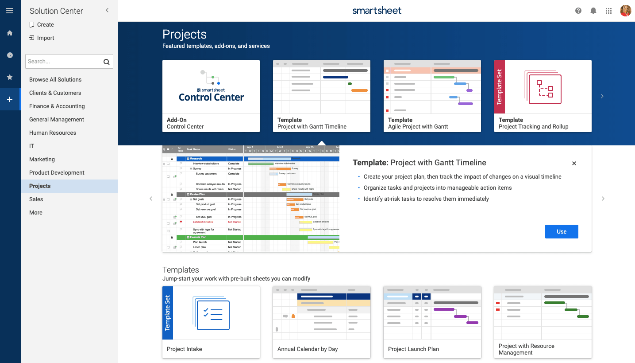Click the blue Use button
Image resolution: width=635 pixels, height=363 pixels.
[562, 231]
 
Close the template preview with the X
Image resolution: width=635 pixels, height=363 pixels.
[574, 164]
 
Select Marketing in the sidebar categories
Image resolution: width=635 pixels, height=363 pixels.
[42, 159]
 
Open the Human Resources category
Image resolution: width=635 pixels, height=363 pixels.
[53, 133]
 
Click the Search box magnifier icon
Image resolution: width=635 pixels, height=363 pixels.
[106, 62]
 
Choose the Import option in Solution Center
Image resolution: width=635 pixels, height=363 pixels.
[45, 38]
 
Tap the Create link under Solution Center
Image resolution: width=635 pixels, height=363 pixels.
[45, 25]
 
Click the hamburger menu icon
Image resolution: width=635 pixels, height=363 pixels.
[10, 11]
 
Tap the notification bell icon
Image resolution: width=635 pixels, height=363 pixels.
[593, 11]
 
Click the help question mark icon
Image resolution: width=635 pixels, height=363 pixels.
[578, 11]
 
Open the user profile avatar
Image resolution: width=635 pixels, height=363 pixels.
[625, 11]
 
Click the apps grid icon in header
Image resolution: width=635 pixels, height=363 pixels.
[608, 11]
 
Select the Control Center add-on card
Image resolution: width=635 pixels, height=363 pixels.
[211, 96]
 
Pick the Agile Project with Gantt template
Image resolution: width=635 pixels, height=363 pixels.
[432, 96]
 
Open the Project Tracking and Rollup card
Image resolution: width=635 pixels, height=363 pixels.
[543, 96]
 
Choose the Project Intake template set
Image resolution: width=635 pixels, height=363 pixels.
[211, 322]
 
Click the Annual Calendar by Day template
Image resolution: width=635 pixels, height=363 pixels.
[322, 322]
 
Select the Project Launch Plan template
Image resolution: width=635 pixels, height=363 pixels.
[432, 322]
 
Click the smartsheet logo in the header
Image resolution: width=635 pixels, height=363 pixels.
[377, 11]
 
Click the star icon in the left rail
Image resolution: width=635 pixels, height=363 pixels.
[10, 77]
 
